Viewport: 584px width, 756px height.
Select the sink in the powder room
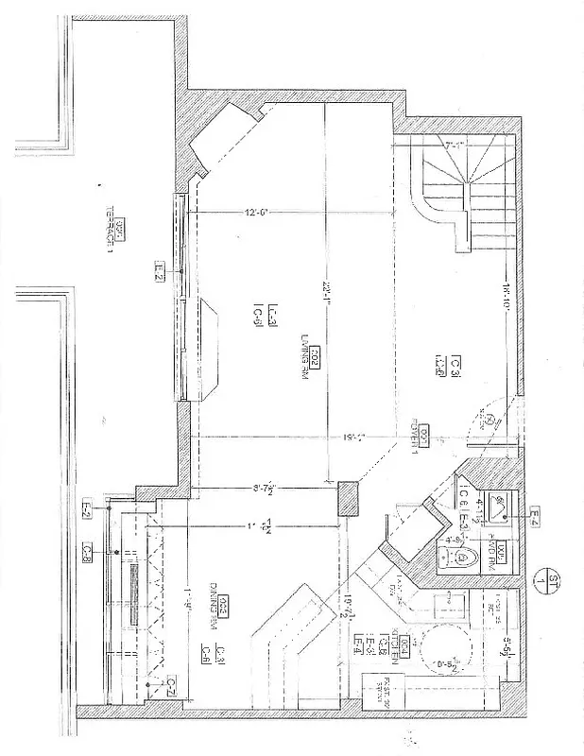click(497, 508)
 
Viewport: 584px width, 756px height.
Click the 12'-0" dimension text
click(258, 213)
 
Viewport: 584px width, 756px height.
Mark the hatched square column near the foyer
click(348, 497)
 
